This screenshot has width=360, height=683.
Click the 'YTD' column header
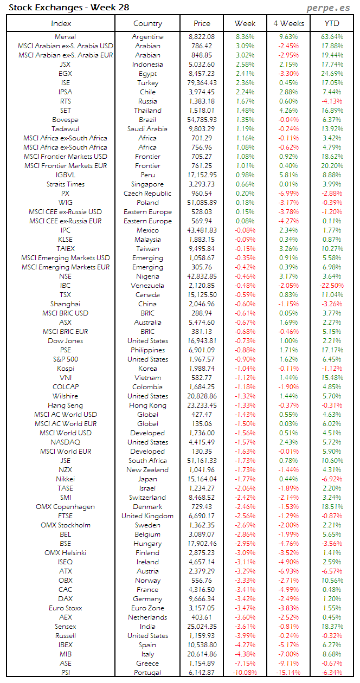coord(332,23)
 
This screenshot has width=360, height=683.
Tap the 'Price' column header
coord(202,23)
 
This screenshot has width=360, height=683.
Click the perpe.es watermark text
coord(329,8)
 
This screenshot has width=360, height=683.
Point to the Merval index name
coord(65,37)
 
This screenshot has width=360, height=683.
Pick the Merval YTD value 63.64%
coord(332,37)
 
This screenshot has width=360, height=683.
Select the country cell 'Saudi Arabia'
coord(147,129)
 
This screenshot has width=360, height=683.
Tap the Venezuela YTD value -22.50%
coord(332,286)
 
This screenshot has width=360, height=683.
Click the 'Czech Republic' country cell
coord(147,194)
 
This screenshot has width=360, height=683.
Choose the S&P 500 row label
coord(65,359)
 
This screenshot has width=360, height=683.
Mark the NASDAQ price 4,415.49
coord(202,442)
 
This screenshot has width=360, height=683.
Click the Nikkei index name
coord(65,479)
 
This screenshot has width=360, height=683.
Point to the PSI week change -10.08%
coord(245,673)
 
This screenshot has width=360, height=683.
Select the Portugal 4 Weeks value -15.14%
coord(287,673)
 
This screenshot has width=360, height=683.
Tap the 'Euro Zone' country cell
coord(147,608)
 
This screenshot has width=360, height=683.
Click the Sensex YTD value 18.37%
coord(332,627)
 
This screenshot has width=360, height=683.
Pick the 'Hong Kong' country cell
coord(147,405)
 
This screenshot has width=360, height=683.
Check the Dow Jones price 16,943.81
coord(202,341)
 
